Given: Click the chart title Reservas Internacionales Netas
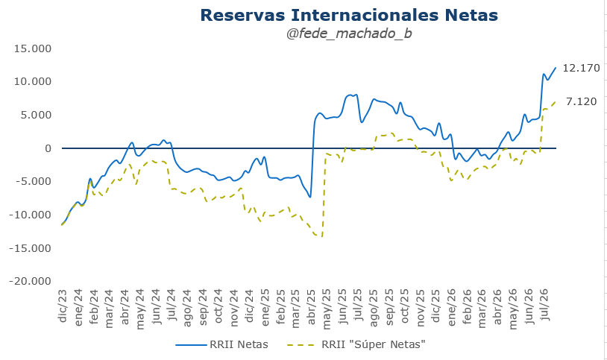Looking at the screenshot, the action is (x=349, y=15).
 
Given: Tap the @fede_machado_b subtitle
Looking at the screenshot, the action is (x=349, y=34).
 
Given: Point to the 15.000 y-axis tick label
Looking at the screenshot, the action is (x=33, y=48).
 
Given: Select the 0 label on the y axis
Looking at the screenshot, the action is (x=48, y=148).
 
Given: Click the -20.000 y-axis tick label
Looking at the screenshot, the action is (x=30, y=281).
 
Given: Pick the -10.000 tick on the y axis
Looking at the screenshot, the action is (x=30, y=215).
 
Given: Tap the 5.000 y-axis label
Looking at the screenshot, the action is (x=36, y=115).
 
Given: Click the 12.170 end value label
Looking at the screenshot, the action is (x=581, y=68).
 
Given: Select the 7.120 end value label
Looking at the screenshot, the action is (x=581, y=101).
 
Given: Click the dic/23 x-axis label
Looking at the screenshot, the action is (x=63, y=306).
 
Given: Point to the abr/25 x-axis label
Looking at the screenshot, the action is (x=311, y=306).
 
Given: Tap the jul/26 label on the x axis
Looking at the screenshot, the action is (x=544, y=304).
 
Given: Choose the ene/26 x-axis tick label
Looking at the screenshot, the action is (x=451, y=307).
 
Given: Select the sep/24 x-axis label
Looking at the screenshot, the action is (x=203, y=307).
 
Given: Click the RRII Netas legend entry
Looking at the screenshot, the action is (x=221, y=344).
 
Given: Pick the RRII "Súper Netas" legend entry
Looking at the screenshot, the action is (x=356, y=344).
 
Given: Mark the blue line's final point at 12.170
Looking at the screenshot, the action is (x=556, y=68).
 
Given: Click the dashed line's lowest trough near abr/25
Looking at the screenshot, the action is (x=321, y=236).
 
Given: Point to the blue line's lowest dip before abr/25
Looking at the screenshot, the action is (x=310, y=197).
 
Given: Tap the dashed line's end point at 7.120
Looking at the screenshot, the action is (x=556, y=101).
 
